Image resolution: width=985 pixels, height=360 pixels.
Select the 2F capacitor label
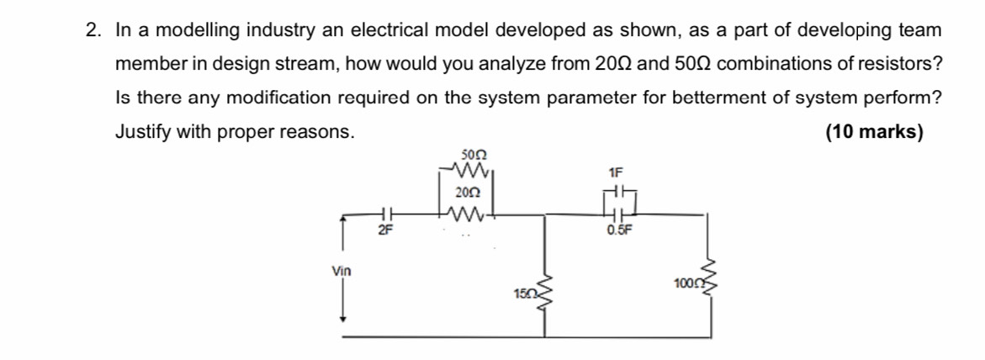tap(385, 229)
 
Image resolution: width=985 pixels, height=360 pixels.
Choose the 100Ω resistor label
tap(686, 283)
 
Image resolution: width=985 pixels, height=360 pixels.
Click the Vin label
tap(342, 271)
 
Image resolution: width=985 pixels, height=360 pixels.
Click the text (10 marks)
tap(874, 133)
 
